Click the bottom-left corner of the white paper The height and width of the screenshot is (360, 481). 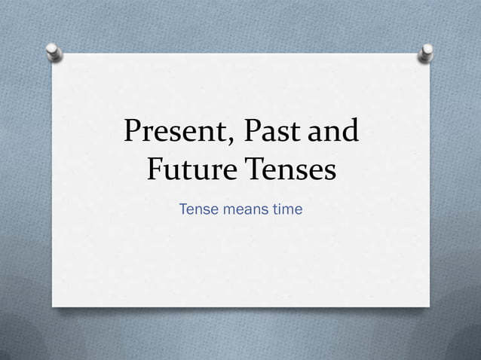tap(52, 306)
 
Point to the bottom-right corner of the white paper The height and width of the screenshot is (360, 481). tap(429, 306)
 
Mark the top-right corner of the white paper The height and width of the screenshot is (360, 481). tap(430, 54)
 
